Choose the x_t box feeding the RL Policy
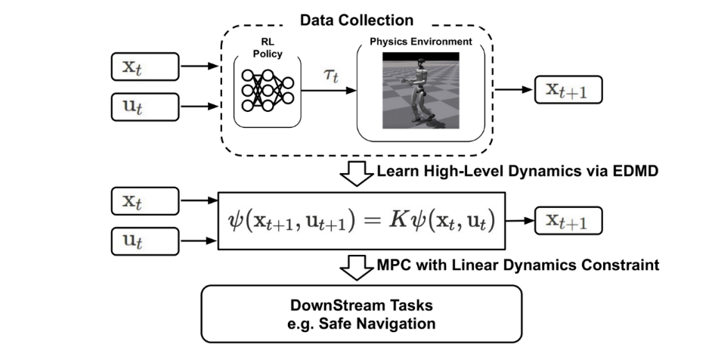pos(144,67)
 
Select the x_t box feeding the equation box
pos(144,202)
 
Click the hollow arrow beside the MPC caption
pos(354,266)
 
